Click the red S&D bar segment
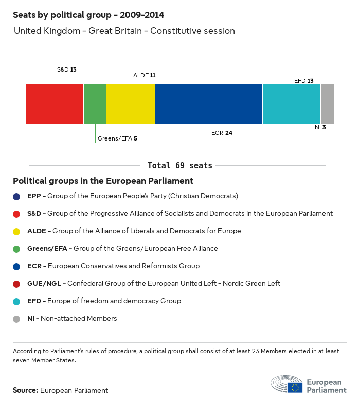(55, 104)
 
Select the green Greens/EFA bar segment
(95, 104)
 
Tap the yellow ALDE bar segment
(131, 104)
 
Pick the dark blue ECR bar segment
(209, 104)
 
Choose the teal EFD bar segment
(292, 104)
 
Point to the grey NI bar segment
(328, 104)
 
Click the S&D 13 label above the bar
(66, 69)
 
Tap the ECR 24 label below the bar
(222, 133)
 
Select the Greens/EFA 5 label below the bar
(117, 138)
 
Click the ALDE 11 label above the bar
(144, 75)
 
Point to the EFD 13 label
(303, 81)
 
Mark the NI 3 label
(320, 127)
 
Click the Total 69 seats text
(179, 166)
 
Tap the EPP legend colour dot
(17, 196)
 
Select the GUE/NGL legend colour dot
(17, 284)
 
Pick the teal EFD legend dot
(17, 301)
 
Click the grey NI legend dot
(17, 319)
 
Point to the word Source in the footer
(25, 390)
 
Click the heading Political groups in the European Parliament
(103, 181)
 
